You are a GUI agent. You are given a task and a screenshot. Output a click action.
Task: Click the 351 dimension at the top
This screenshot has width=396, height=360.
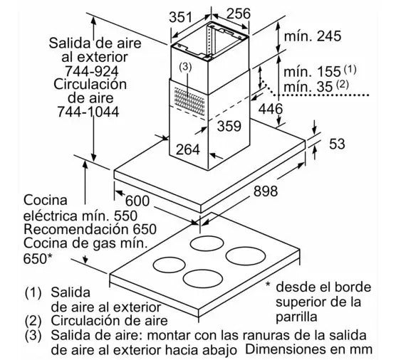tap(180, 17)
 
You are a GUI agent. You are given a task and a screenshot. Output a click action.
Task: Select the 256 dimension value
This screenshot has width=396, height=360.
tap(238, 14)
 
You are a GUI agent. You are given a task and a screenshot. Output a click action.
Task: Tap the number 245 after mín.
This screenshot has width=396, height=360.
tap(329, 36)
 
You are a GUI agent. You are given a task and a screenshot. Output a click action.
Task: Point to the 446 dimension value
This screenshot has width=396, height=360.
tap(271, 109)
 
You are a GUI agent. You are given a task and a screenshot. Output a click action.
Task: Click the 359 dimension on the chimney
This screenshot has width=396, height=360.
tap(229, 126)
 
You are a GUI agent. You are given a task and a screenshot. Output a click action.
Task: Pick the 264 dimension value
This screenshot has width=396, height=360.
tap(187, 149)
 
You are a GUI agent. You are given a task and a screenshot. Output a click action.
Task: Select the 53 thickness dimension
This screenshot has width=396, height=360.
tap(337, 144)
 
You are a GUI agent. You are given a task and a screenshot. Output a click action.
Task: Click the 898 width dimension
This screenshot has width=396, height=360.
tap(266, 191)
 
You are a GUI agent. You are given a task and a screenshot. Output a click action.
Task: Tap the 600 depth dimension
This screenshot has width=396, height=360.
tap(137, 201)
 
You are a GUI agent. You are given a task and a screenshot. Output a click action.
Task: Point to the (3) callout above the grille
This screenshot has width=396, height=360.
tap(185, 67)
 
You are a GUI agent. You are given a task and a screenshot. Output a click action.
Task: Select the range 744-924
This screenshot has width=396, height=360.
tap(92, 71)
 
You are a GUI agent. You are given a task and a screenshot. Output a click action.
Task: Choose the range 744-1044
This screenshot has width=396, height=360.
tap(88, 112)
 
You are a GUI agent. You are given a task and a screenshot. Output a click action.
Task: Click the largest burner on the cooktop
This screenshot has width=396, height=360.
tap(246, 256)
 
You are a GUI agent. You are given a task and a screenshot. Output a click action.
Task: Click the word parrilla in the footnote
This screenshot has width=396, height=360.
tap(296, 317)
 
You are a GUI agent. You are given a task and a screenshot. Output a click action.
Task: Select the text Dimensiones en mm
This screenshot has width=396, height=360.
tap(308, 349)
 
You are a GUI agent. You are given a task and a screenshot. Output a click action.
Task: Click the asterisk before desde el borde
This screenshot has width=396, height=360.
tap(268, 285)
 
